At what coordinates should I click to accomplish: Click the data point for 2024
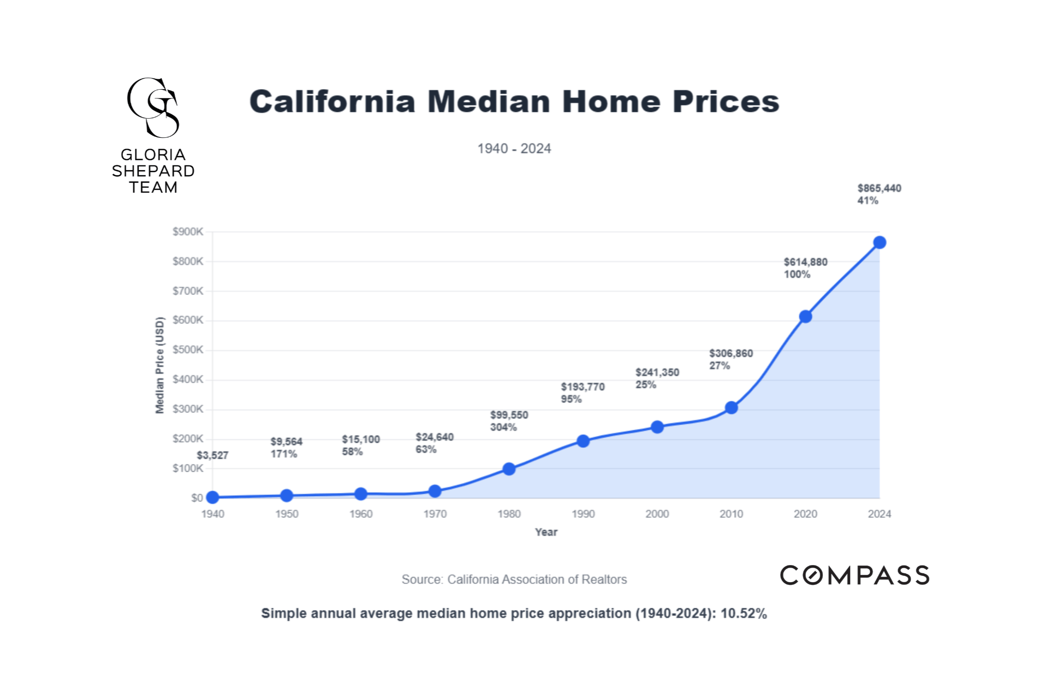(879, 243)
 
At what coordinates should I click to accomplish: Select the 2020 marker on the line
(805, 317)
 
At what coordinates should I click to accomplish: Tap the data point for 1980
(509, 469)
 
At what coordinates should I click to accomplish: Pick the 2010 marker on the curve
(731, 408)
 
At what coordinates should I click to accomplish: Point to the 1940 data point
(213, 498)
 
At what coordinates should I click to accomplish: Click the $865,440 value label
(879, 188)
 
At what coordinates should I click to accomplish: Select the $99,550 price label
(509, 415)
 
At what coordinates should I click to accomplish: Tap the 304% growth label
(503, 428)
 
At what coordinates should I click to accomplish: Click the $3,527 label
(213, 456)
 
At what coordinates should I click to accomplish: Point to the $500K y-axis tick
(188, 350)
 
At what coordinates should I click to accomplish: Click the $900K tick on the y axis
(188, 232)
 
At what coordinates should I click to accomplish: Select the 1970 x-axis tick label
(435, 514)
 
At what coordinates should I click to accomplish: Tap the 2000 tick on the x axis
(657, 514)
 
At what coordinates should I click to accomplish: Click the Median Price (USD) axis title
(160, 365)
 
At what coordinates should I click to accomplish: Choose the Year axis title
(546, 532)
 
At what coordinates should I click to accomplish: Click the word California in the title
(332, 102)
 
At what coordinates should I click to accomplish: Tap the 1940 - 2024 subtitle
(514, 149)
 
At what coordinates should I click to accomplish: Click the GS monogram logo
(153, 108)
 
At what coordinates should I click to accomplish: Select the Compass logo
(854, 575)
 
